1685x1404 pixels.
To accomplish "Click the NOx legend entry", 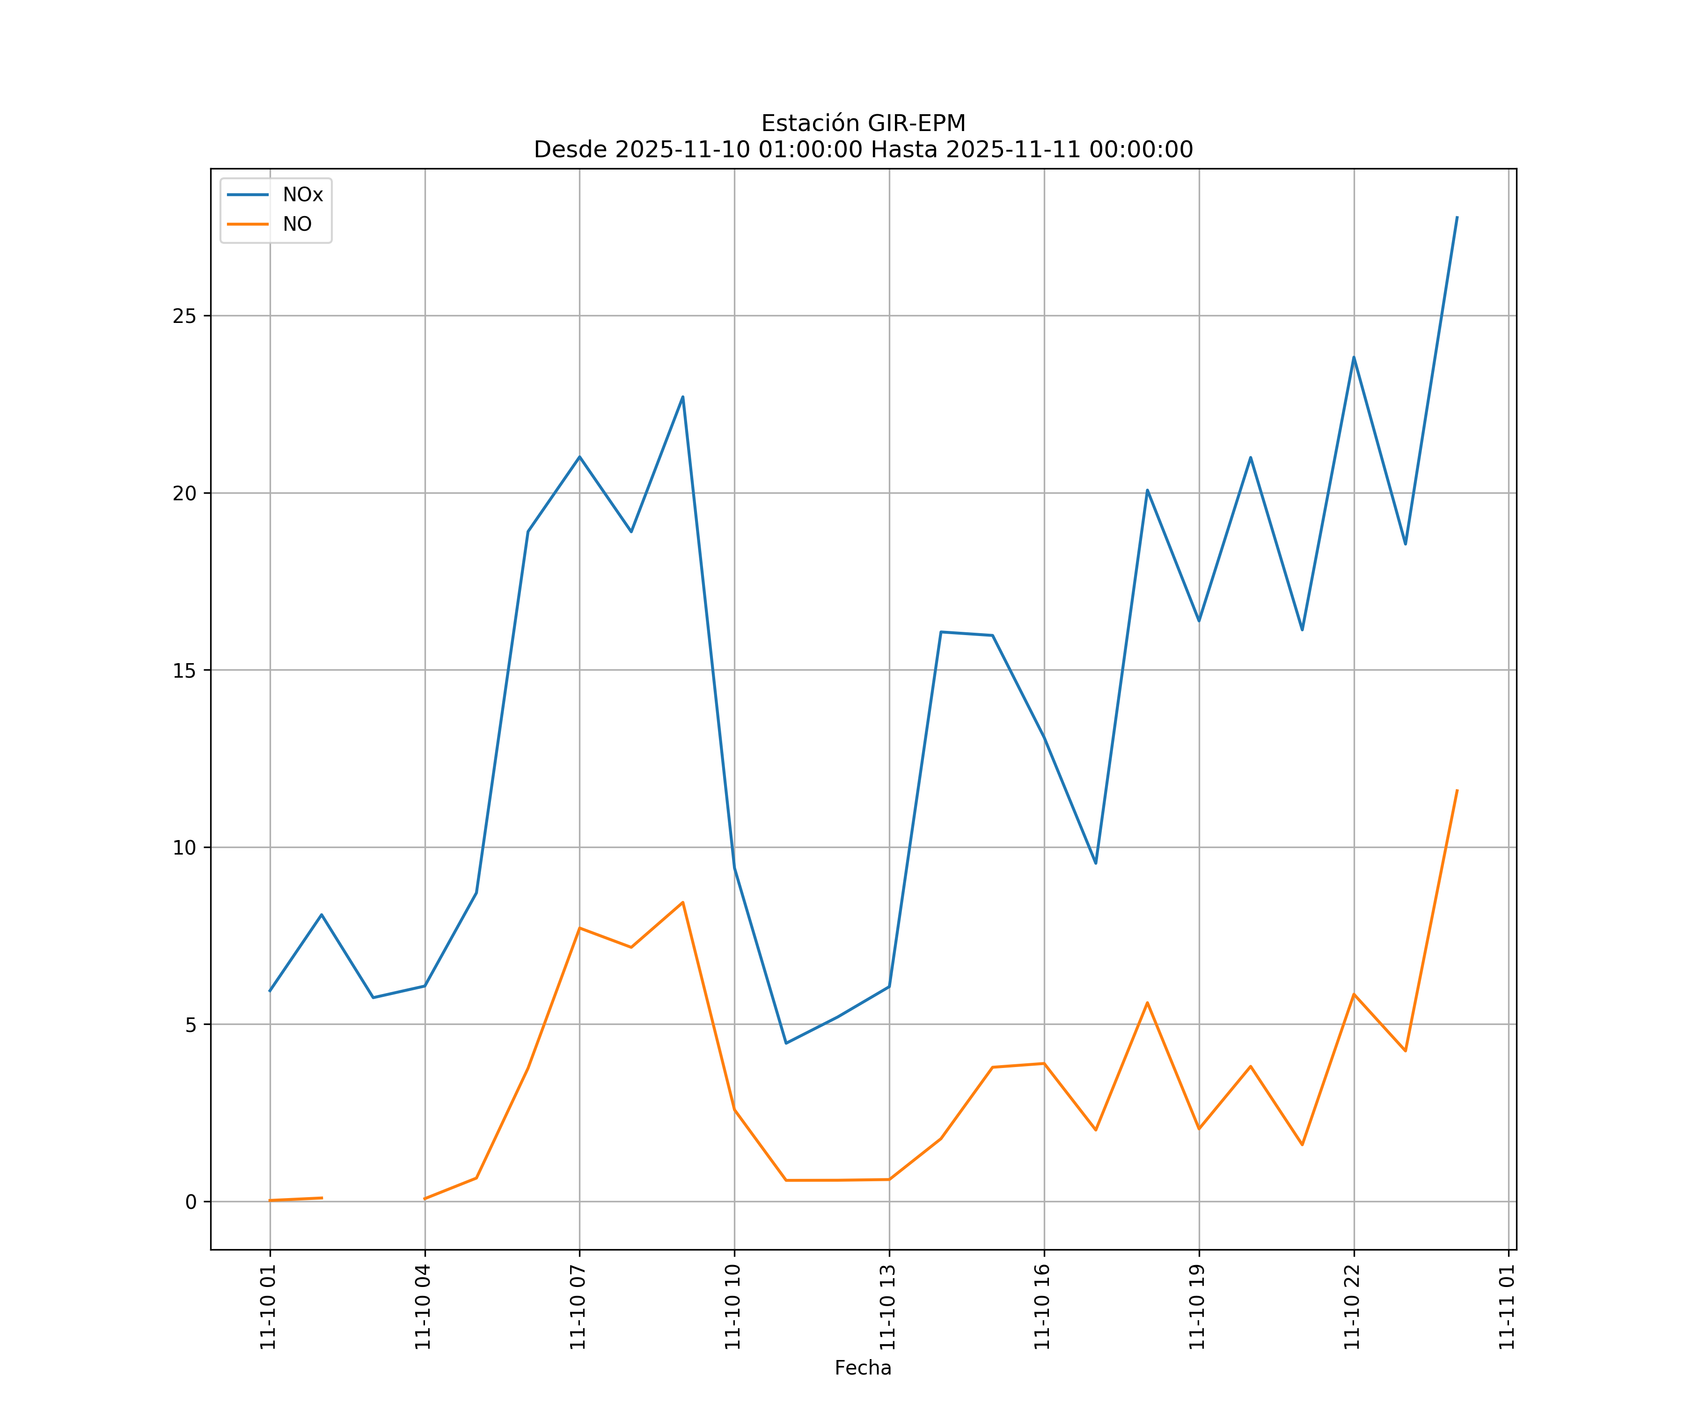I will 302,195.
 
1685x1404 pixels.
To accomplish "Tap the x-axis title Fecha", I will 863,1368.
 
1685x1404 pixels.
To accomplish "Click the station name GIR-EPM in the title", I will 917,124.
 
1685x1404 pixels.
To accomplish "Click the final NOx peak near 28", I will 1456,218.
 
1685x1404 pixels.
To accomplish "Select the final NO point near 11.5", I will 1456,791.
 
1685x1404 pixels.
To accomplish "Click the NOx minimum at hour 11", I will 786,1043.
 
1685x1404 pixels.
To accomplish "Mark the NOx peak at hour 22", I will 1354,358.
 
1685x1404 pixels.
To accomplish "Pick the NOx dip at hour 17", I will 1095,863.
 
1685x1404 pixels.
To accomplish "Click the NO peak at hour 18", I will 1147,1003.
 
